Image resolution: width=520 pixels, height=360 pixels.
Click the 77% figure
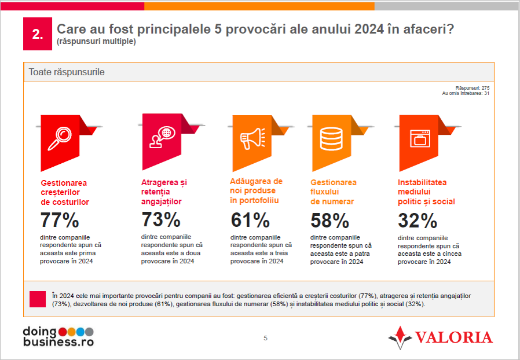[59, 221]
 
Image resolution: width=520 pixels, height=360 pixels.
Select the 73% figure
[161, 220]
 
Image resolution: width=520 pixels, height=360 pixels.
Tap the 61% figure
[250, 221]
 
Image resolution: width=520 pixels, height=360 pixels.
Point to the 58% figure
[330, 221]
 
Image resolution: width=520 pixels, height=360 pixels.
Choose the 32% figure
[418, 221]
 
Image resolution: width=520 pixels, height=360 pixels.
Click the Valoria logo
[441, 337]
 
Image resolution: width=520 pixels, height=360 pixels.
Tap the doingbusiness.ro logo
[57, 336]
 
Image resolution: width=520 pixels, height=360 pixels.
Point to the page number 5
[265, 338]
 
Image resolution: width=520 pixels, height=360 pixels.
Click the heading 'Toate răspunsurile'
[67, 72]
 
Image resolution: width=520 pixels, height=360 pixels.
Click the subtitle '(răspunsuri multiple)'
[96, 42]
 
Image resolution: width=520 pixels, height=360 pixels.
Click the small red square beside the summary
[37, 299]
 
